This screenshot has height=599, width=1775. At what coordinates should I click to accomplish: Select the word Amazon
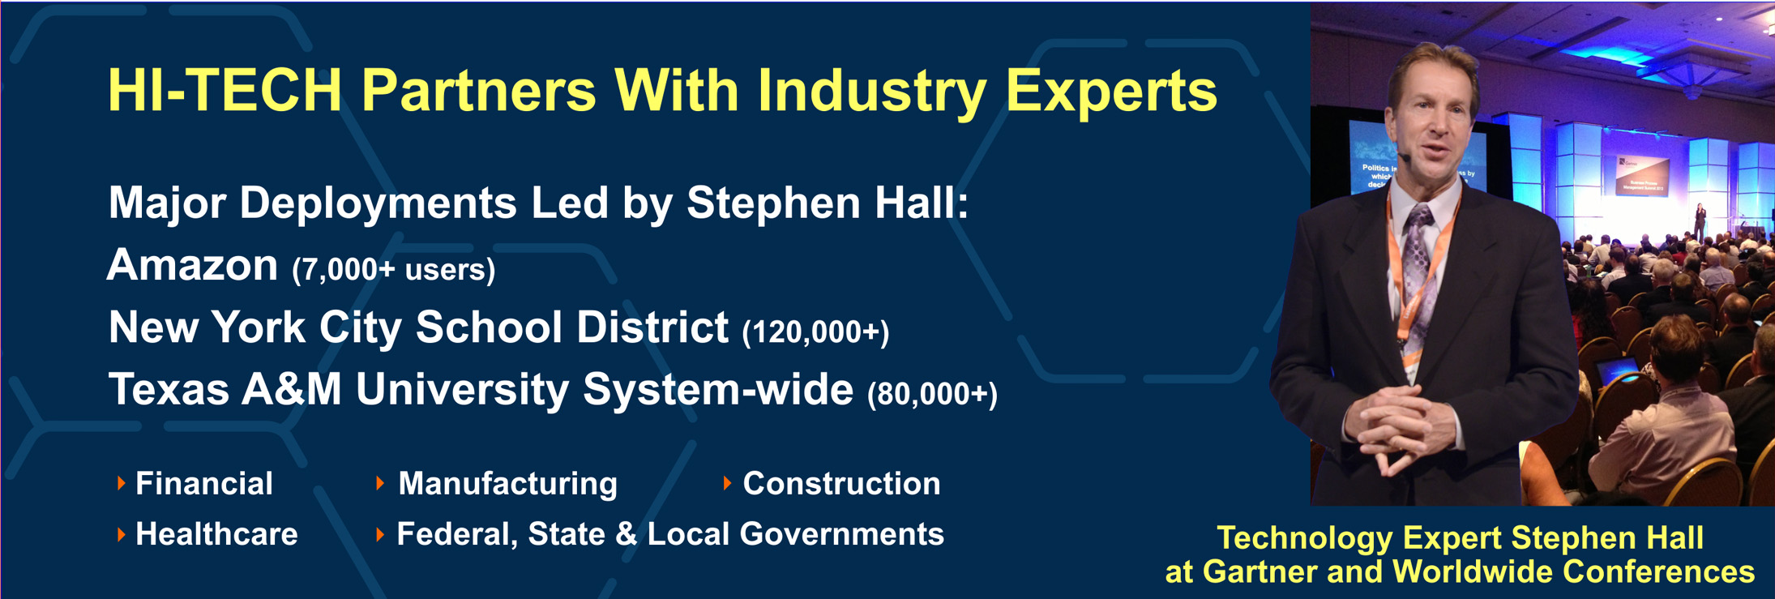point(193,265)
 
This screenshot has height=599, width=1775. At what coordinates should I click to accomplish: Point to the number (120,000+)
point(815,332)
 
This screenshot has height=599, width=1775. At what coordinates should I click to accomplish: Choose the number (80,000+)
point(932,394)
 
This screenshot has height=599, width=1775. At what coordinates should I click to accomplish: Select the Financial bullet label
point(204,484)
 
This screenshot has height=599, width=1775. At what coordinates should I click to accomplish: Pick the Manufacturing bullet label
point(507,484)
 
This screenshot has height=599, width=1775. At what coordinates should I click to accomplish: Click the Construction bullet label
point(841,484)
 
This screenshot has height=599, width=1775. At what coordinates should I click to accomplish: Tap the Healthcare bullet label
point(216,534)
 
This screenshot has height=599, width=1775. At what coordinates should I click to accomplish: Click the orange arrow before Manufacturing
point(380,484)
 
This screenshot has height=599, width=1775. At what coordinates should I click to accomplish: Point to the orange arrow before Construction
point(727,484)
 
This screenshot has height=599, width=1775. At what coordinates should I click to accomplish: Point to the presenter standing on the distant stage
point(1700,222)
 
